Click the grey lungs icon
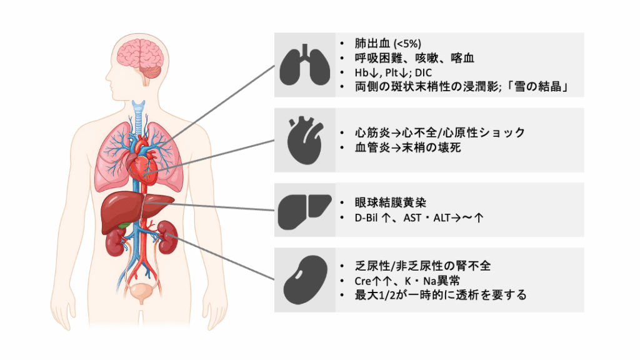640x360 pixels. click(x=305, y=64)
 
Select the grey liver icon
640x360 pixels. click(x=305, y=210)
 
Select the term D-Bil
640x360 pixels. click(x=366, y=218)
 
